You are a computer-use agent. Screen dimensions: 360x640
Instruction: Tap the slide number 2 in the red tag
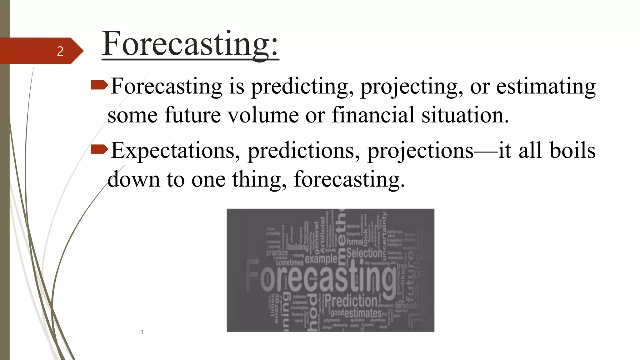[60, 51]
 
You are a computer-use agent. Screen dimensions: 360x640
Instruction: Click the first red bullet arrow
[99, 85]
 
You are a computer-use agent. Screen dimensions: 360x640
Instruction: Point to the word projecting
[411, 87]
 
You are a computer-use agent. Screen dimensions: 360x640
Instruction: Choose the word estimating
[546, 87]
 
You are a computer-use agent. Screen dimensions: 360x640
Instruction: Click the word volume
[263, 115]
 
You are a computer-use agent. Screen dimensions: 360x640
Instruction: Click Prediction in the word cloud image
[351, 301]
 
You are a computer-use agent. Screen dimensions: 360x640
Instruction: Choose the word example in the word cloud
[321, 259]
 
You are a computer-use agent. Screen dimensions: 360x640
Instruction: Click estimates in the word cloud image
[363, 313]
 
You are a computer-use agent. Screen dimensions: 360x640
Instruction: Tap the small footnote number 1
[142, 332]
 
